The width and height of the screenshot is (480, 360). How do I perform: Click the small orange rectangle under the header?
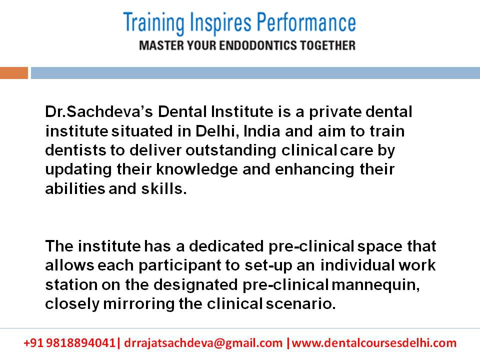(x=14, y=73)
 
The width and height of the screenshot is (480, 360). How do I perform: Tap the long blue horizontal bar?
(x=255, y=73)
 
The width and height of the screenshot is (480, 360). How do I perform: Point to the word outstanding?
(x=230, y=150)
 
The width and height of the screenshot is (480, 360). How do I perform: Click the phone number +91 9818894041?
(x=69, y=343)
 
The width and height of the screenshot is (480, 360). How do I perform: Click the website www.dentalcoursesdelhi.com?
(x=374, y=343)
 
